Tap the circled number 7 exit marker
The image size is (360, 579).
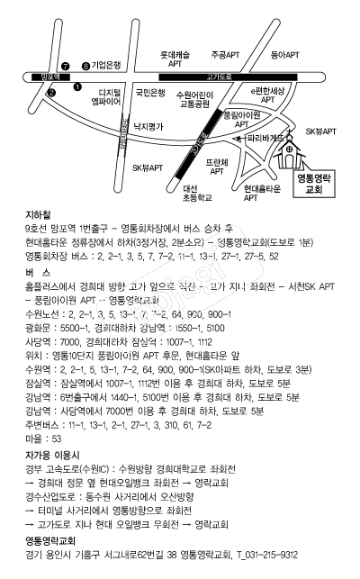pyautogui.click(x=65, y=66)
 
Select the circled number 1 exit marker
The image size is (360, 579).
pyautogui.click(x=76, y=86)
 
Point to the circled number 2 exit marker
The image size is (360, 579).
pyautogui.click(x=51, y=92)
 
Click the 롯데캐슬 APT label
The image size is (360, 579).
pyautogui.click(x=175, y=59)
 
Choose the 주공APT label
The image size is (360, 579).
pyautogui.click(x=226, y=54)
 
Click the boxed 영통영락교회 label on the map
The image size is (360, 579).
pyautogui.click(x=313, y=185)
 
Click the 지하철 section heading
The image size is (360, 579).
pyautogui.click(x=40, y=217)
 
